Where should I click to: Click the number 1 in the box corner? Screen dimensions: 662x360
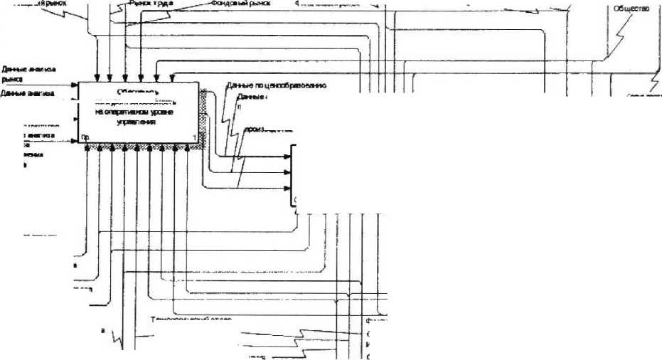[x=194, y=137]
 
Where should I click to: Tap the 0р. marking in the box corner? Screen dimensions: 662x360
[x=85, y=137]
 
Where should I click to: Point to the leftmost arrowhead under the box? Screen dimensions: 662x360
[x=87, y=148]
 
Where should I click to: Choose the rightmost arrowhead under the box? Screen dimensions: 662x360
[x=188, y=148]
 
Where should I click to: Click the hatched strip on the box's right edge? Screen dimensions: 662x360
[x=203, y=114]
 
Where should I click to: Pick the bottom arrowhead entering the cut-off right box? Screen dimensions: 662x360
[x=287, y=189]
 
